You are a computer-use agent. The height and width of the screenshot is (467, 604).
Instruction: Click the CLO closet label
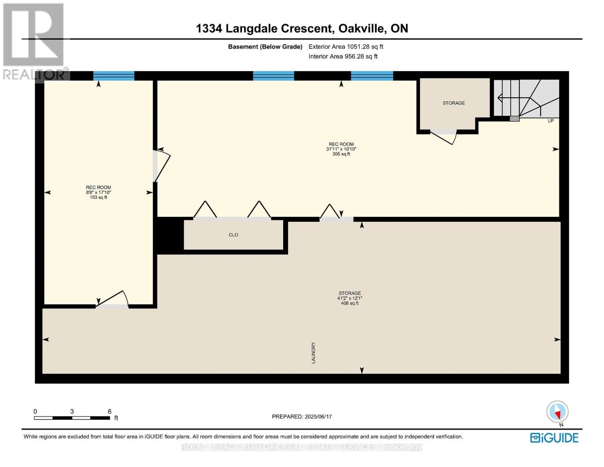coord(233,235)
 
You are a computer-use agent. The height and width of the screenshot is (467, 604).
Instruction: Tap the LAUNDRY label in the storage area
coord(313,353)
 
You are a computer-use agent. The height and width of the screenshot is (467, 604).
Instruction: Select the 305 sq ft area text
coord(341,154)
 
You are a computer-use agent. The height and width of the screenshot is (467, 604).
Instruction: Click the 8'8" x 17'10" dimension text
coord(98,192)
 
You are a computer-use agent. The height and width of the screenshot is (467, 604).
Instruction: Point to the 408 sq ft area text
coord(350,303)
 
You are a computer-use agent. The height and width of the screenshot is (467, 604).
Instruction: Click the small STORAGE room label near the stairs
coord(453,103)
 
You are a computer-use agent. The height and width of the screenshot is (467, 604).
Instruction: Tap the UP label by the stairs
coord(550,121)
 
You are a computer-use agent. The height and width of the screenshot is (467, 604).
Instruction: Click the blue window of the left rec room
coord(114,76)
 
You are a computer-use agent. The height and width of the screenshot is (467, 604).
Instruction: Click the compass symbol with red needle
coord(557,412)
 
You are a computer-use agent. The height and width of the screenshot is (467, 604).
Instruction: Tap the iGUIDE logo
coord(554,438)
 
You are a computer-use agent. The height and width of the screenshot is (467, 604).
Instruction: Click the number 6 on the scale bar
coord(110,411)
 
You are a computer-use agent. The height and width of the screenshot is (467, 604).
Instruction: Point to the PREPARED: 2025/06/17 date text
coord(302,416)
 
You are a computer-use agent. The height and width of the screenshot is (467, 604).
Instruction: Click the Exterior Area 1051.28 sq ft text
coord(346,47)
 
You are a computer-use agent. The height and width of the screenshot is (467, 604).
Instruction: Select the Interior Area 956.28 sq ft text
coord(343,56)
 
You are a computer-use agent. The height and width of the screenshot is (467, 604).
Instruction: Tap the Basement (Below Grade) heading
coord(265,47)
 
